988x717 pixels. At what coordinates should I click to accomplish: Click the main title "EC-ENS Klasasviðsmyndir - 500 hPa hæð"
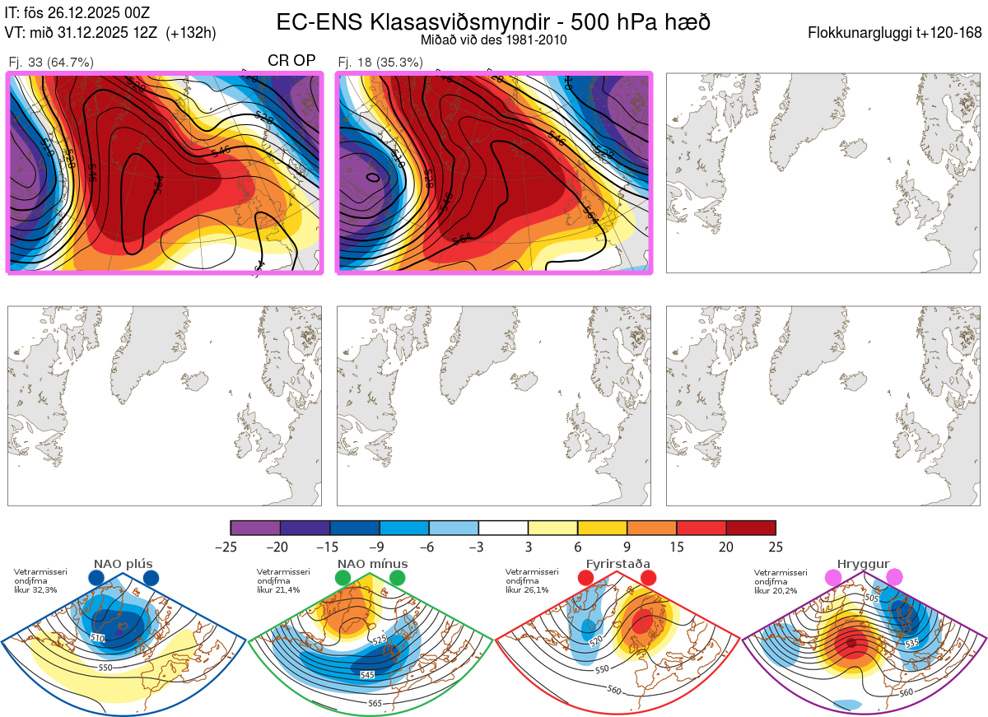[493, 22]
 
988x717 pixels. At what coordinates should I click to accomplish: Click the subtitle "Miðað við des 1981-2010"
[493, 40]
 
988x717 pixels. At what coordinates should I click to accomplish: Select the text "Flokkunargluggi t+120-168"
[895, 34]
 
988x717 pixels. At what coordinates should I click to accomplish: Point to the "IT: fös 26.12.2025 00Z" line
[77, 13]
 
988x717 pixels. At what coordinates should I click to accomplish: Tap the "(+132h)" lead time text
[191, 33]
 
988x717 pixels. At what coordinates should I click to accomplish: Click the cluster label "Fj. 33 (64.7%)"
[50, 62]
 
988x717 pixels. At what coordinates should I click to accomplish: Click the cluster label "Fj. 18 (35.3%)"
[380, 62]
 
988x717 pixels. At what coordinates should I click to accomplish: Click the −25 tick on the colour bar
[231, 547]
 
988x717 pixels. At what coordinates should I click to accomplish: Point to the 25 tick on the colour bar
[775, 547]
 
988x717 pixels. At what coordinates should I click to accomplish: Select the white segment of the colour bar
[503, 528]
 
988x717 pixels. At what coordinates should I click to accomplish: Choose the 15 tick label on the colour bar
[676, 547]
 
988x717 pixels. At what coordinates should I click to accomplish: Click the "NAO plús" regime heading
[123, 564]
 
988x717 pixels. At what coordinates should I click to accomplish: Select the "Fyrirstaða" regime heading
[617, 564]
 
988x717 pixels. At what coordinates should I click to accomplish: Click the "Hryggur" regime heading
[864, 564]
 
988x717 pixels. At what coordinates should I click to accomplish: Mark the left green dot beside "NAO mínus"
[343, 578]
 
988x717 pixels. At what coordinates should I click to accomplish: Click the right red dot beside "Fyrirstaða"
[648, 578]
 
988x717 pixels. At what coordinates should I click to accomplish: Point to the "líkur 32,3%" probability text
[36, 590]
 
